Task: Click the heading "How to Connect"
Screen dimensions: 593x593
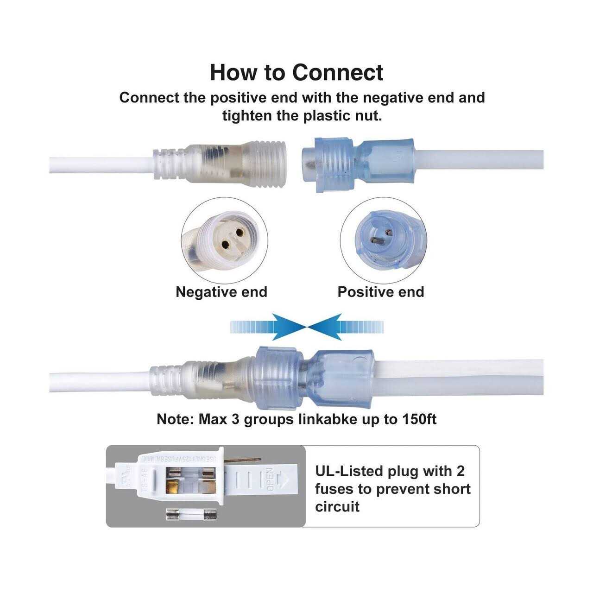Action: click(x=296, y=72)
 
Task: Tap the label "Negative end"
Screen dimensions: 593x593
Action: click(x=221, y=292)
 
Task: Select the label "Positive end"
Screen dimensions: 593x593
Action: click(x=381, y=292)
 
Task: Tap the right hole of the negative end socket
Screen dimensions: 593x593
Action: click(x=241, y=232)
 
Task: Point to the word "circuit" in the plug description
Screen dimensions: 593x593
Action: click(x=337, y=506)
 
